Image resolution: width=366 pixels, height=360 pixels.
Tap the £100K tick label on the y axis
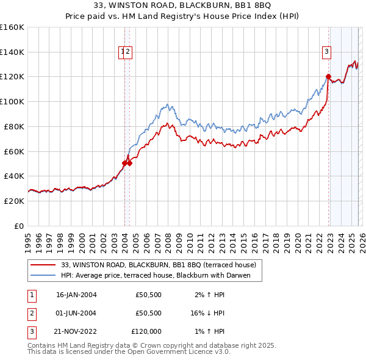(x=12, y=101)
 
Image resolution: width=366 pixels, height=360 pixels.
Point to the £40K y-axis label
(x=14, y=176)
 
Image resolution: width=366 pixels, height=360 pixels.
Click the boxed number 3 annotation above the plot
(x=327, y=52)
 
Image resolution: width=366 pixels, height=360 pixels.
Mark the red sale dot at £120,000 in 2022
(x=328, y=77)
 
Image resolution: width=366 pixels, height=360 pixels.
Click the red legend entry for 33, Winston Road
(x=162, y=265)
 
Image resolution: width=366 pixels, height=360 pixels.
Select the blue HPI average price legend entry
(x=160, y=276)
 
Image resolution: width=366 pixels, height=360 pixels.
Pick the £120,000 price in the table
(x=145, y=331)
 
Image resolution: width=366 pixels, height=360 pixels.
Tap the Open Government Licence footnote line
(x=129, y=352)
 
